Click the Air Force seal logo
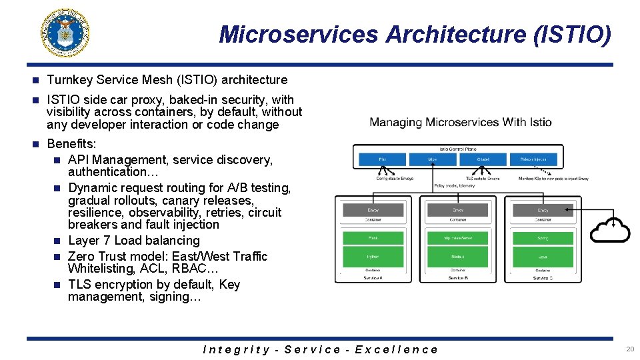click(x=65, y=34)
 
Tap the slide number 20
click(x=630, y=349)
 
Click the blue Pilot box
click(x=382, y=160)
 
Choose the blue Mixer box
click(x=433, y=160)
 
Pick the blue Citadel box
click(x=483, y=160)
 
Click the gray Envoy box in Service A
click(x=373, y=210)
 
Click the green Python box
click(x=373, y=256)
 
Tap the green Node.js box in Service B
click(x=457, y=256)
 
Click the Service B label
click(x=457, y=277)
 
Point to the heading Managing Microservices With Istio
click(x=461, y=122)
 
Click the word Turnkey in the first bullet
click(x=70, y=80)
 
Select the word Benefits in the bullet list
click(x=71, y=144)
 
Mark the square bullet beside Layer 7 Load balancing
click(x=57, y=241)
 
